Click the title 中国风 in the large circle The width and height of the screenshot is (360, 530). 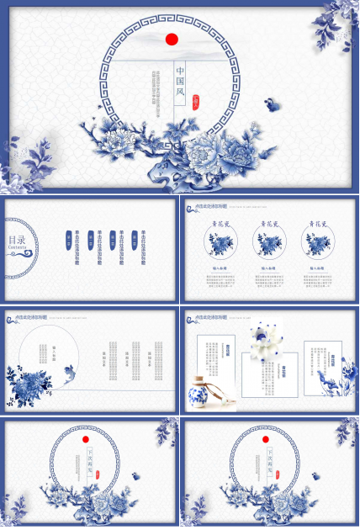tap(180, 84)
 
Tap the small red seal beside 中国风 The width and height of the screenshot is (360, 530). tap(196, 99)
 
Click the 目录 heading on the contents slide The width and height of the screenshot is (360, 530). tap(18, 241)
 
